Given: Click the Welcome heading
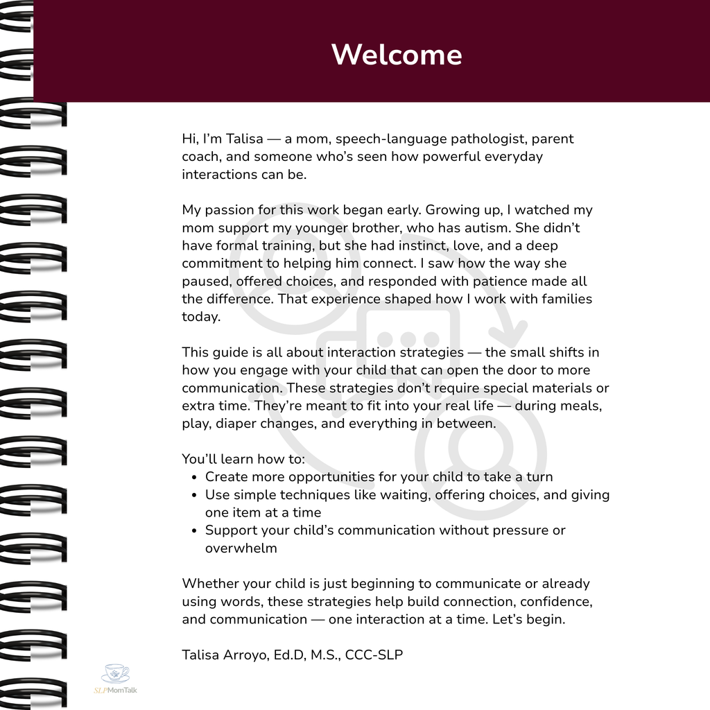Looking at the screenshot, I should pos(397,55).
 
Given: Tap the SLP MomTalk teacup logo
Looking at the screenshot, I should pos(115,673).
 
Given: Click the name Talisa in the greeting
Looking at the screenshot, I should pos(244,139).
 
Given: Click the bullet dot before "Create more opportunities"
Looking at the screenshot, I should pos(194,477).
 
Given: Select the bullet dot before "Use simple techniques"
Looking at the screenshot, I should pos(194,495).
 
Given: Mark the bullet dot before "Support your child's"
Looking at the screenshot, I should pos(194,530).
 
